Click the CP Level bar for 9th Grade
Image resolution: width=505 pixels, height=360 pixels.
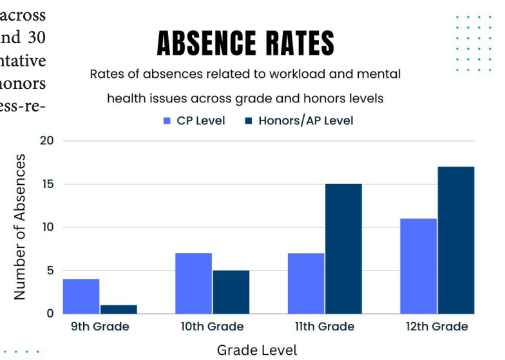pyautogui.click(x=81, y=296)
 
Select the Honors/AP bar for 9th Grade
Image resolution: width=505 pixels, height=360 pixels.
pyautogui.click(x=119, y=309)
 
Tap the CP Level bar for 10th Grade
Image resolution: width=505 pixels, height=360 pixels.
pyautogui.click(x=193, y=283)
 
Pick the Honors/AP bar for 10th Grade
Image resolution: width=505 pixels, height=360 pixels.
pyautogui.click(x=231, y=292)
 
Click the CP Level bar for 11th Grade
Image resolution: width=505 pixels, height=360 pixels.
pyautogui.click(x=306, y=283)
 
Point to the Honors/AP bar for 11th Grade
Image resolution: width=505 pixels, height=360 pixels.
pyautogui.click(x=343, y=249)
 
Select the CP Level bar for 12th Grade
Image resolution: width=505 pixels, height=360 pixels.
pyautogui.click(x=418, y=266)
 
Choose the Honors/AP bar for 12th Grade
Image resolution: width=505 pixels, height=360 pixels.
pyautogui.click(x=456, y=240)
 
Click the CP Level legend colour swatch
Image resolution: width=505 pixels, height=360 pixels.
pyautogui.click(x=167, y=120)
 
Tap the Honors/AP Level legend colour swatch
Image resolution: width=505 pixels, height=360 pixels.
pyautogui.click(x=249, y=120)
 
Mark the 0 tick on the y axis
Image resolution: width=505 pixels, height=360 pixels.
pyautogui.click(x=50, y=314)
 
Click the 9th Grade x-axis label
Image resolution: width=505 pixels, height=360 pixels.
pyautogui.click(x=100, y=327)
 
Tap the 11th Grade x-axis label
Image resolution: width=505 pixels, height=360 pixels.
pyautogui.click(x=324, y=327)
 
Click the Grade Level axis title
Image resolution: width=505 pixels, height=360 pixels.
pyautogui.click(x=258, y=350)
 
